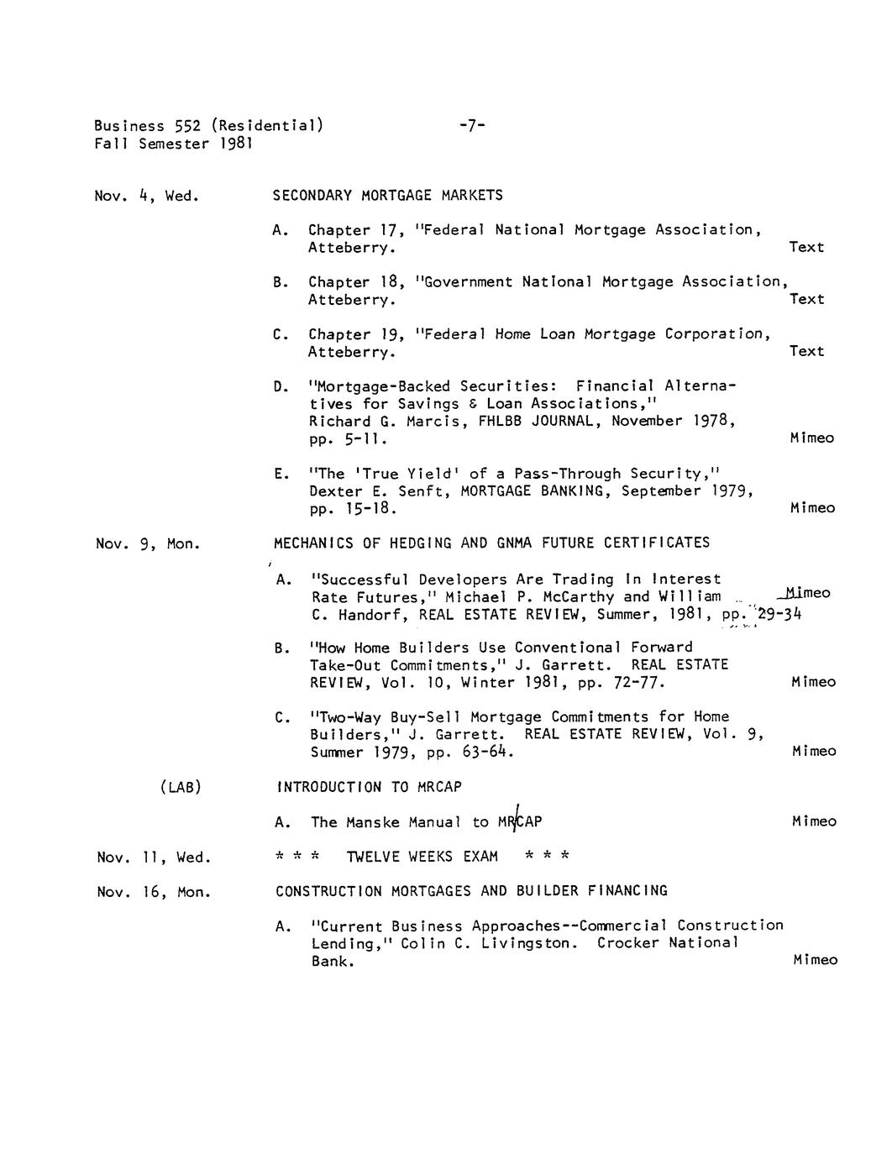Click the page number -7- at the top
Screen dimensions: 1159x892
coord(472,126)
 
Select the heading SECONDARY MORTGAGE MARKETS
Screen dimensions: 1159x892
coord(387,196)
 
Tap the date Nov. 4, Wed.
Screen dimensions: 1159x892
coord(146,197)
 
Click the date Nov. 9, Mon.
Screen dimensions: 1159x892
coord(148,544)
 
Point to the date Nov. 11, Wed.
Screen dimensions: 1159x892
coord(153,857)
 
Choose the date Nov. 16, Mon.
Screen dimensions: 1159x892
coord(153,892)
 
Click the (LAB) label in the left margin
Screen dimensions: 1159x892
coord(180,788)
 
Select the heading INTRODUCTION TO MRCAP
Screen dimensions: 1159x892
coord(369,788)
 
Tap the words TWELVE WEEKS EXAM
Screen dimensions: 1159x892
coord(422,857)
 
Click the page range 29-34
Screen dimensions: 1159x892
coord(779,615)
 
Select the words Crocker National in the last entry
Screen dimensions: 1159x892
coord(668,943)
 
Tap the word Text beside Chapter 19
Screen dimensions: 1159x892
coord(806,351)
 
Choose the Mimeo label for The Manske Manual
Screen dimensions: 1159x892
coord(814,821)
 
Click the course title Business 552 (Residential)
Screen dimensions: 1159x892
coord(208,126)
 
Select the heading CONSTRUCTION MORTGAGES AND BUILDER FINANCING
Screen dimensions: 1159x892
coord(471,891)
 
